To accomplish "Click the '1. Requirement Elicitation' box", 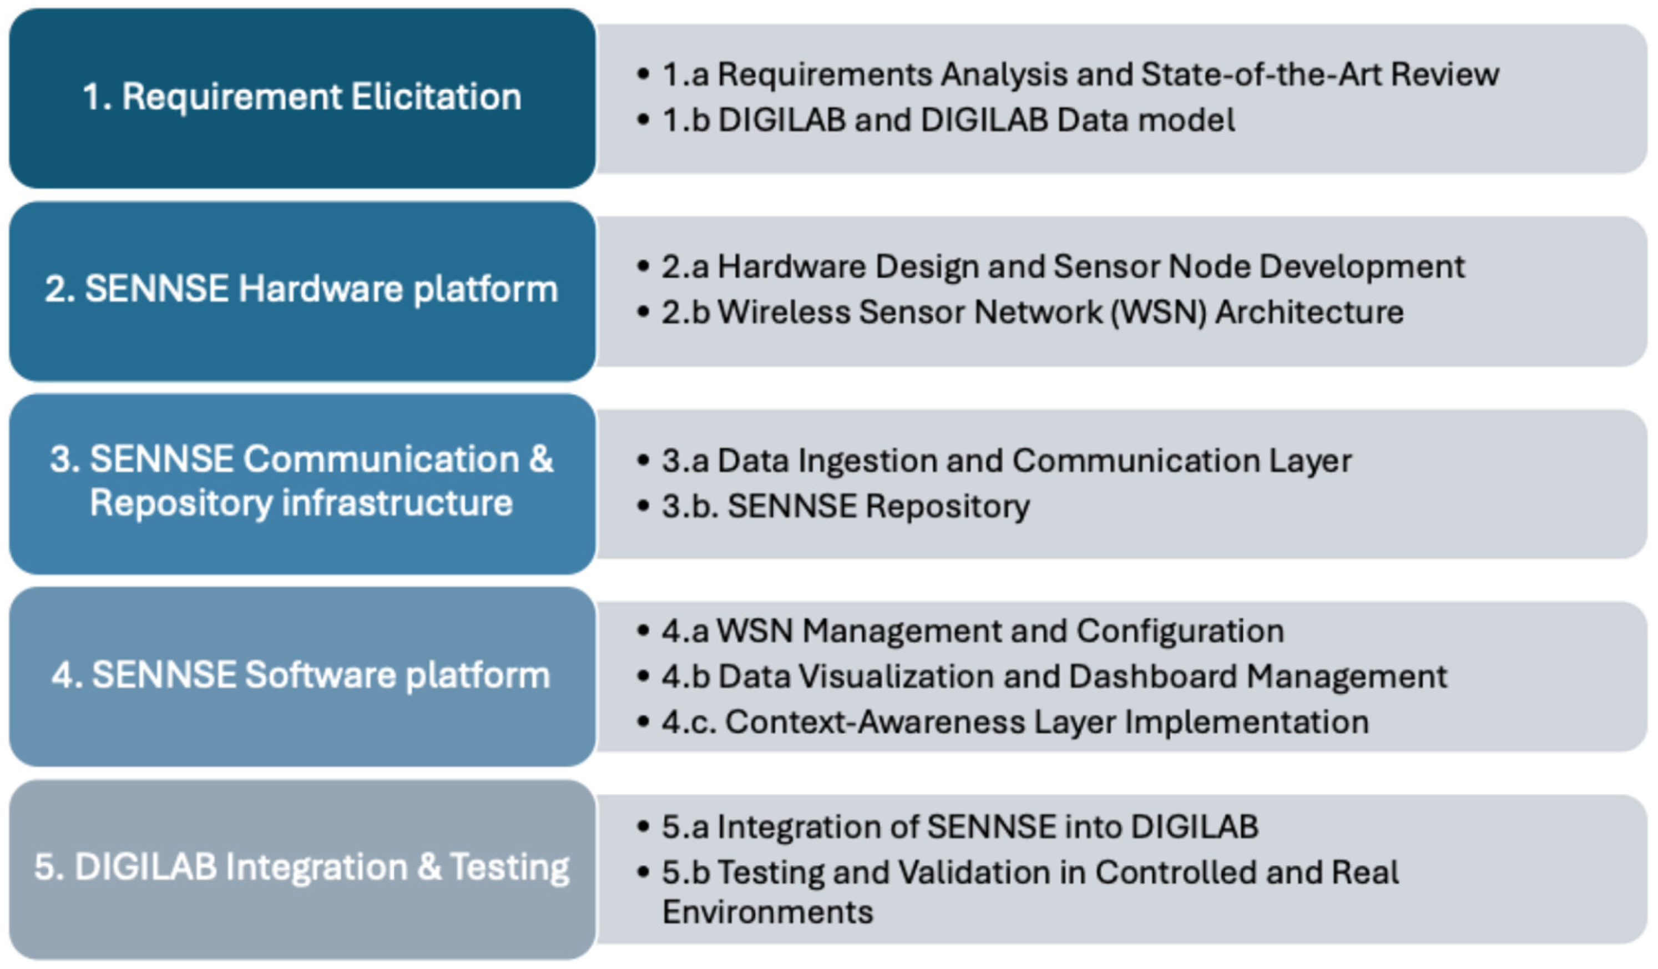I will tap(302, 97).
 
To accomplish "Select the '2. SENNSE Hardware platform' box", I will tap(302, 290).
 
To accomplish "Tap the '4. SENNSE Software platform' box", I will tap(302, 675).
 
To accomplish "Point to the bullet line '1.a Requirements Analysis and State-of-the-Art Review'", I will tap(1079, 74).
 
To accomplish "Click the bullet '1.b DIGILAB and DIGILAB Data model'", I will tap(947, 120).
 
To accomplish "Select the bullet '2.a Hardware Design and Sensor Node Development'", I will tap(1063, 267).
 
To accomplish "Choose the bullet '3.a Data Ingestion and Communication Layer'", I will tap(1007, 461).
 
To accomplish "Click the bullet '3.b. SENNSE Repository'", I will tap(846, 507).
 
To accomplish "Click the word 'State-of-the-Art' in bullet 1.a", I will tap(1260, 74).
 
